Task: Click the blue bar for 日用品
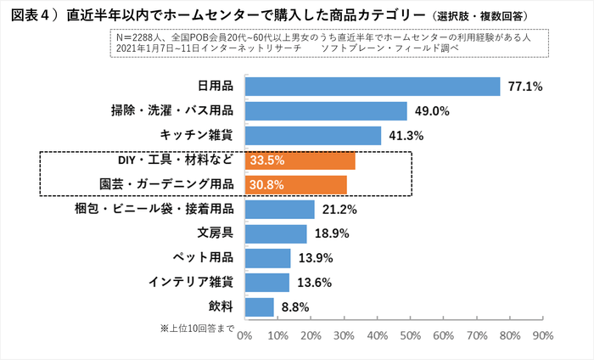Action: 372,87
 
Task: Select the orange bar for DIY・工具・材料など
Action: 300,160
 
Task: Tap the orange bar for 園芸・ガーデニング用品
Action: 295,184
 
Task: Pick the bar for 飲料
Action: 259,307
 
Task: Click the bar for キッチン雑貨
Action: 312,136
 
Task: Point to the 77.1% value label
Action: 524,87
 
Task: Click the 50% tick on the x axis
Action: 410,335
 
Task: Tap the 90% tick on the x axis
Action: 542,335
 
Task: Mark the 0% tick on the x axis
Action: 244,335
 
